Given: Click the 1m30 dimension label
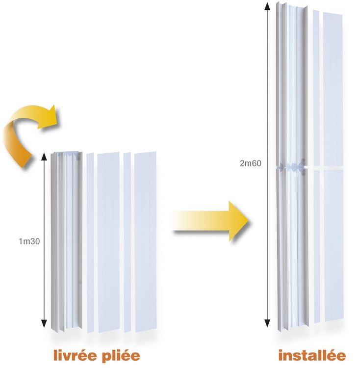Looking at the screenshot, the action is point(29,241).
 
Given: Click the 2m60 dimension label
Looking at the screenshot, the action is point(250,163).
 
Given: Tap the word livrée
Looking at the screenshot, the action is point(75,356).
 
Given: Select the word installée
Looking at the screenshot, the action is point(312,356).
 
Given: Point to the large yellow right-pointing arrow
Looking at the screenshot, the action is point(211,221).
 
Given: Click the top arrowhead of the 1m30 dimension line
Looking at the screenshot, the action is point(44,157).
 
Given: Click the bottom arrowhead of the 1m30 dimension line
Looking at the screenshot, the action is point(44,323).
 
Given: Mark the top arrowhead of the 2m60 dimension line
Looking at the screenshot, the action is point(267,6).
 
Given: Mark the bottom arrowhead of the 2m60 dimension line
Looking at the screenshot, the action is point(267,323).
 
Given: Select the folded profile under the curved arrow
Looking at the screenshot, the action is point(67,242).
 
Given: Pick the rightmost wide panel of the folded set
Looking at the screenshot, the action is point(145,242).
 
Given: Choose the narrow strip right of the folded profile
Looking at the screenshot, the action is point(90,243).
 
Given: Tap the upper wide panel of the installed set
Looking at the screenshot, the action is point(333,89).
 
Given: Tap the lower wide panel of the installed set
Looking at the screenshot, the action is point(334,245).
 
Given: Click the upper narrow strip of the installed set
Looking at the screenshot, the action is point(316,88).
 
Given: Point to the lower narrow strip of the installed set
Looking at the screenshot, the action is point(317,246).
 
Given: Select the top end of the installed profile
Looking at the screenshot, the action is point(291,5).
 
